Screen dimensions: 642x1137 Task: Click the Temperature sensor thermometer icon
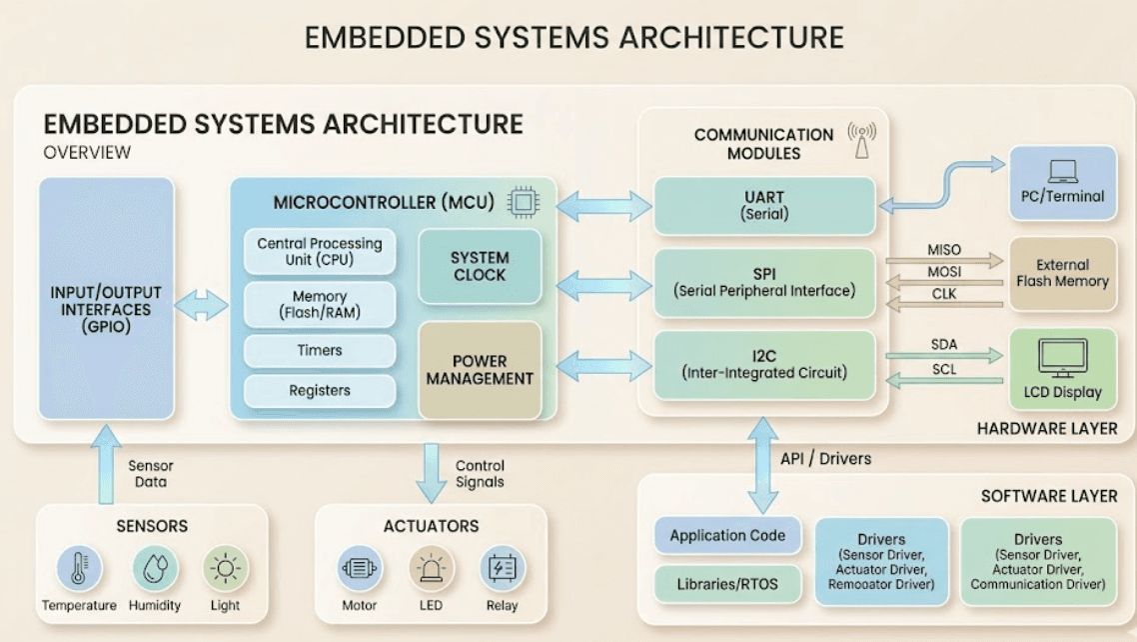pos(79,568)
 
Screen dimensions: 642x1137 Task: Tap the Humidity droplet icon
pos(156,568)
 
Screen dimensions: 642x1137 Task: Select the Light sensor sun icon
pos(226,568)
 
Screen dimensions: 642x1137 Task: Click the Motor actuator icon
pos(360,568)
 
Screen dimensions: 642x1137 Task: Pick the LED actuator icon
pos(432,568)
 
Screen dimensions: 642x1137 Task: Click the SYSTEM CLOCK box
pos(480,266)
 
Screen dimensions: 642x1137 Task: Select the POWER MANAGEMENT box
pos(480,370)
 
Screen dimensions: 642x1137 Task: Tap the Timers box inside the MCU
pos(320,351)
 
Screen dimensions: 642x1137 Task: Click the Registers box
pos(320,390)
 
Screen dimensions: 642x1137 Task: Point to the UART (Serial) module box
pos(764,205)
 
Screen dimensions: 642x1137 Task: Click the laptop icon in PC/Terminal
pos(1062,172)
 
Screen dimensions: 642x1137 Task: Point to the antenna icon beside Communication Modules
pos(860,140)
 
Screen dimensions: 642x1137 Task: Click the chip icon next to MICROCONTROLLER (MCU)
pos(523,202)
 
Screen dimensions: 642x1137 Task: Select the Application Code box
pos(727,536)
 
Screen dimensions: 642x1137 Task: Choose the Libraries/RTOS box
pos(727,584)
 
